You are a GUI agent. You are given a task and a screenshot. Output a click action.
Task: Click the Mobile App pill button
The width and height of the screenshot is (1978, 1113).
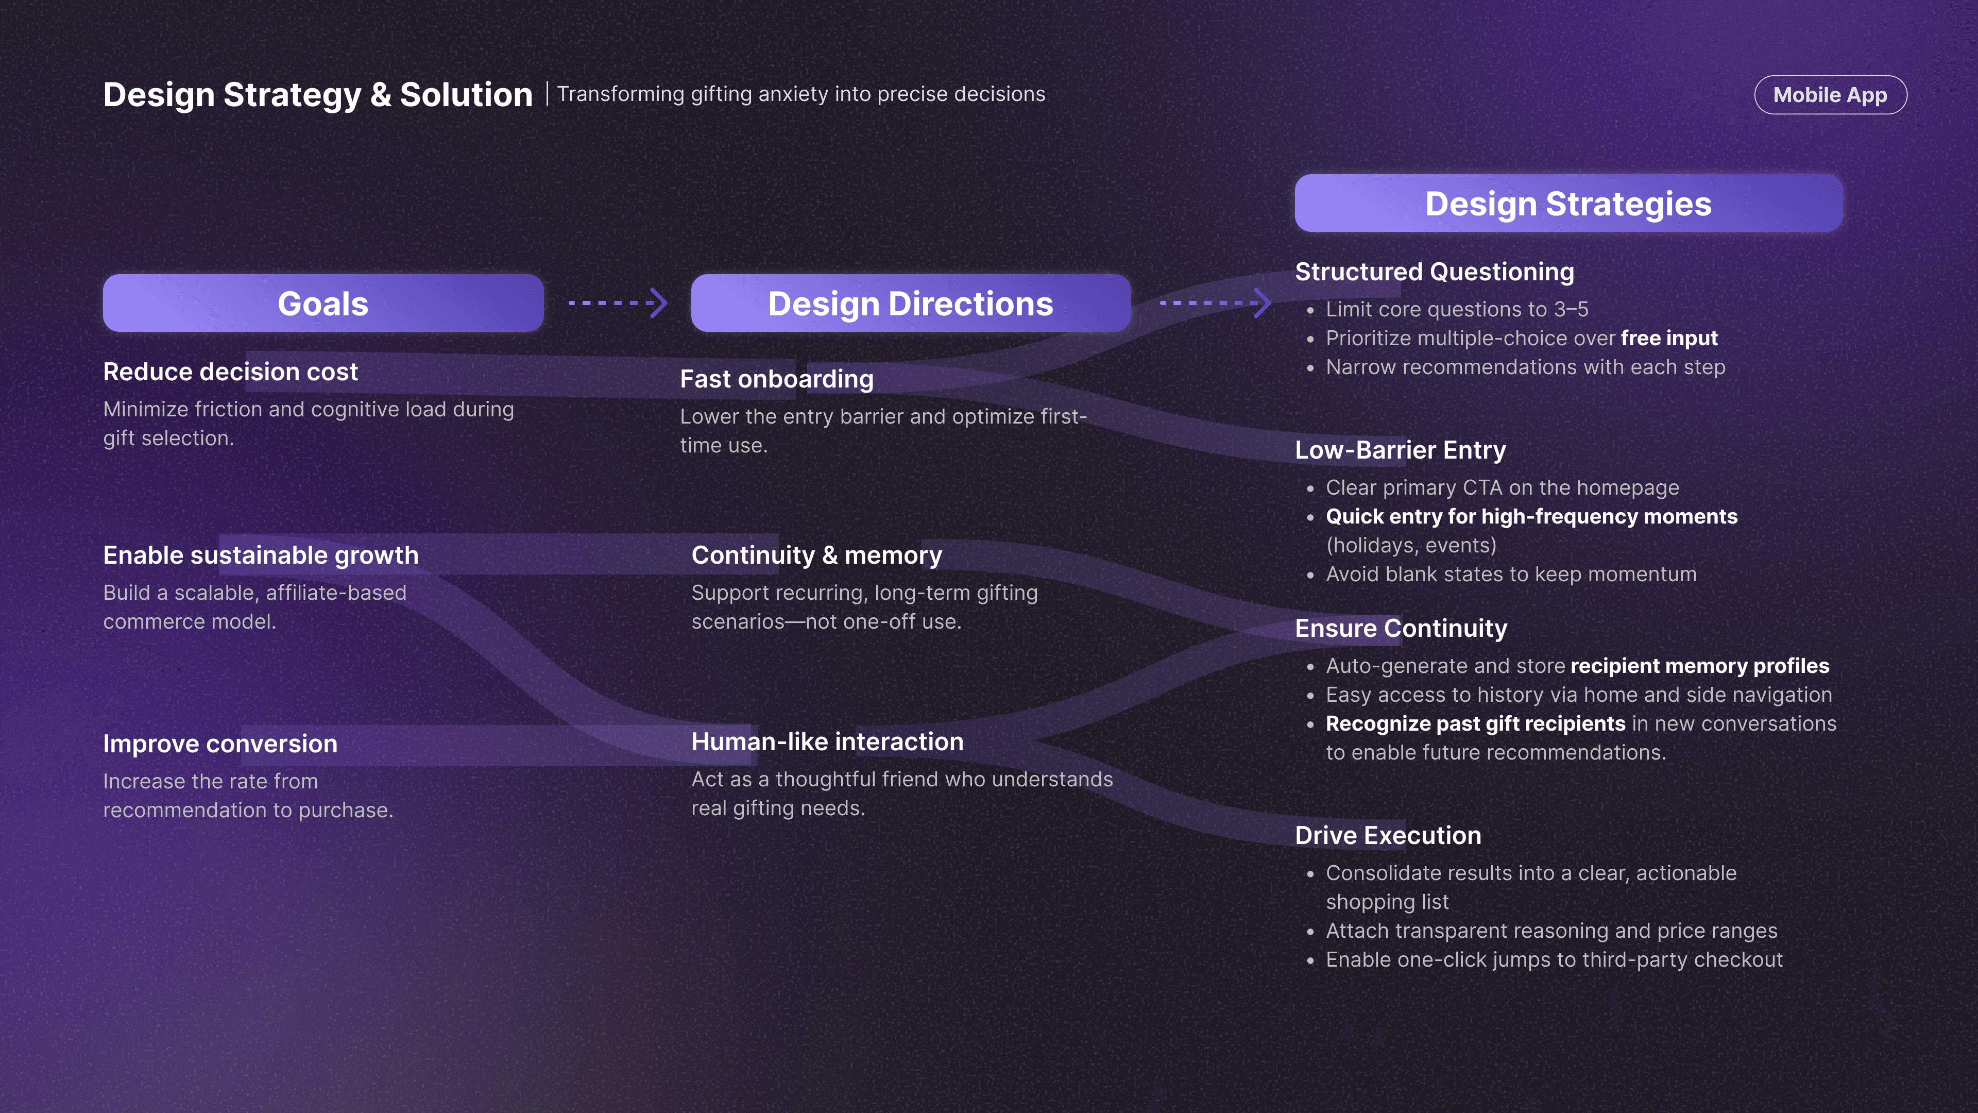tap(1830, 95)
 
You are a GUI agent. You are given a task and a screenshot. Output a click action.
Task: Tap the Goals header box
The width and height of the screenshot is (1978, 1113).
tap(323, 303)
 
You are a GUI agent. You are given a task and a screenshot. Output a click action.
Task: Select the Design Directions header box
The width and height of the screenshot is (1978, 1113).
tap(911, 303)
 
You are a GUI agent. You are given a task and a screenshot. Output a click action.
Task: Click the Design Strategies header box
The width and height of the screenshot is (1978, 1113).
tap(1568, 204)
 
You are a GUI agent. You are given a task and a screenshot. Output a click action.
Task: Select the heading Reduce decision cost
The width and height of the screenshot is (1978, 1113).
tap(230, 372)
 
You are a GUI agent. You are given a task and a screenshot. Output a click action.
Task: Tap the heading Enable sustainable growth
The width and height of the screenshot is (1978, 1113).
tap(261, 555)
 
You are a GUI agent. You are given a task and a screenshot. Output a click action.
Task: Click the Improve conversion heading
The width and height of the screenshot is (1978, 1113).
tap(220, 744)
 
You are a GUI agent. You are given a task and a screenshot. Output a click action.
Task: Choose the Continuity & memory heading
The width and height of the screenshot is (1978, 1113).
tap(817, 555)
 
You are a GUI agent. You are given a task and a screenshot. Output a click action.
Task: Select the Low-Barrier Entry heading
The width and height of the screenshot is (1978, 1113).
tap(1401, 450)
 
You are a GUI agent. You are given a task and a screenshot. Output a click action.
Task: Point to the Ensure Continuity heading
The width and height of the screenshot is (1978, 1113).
tap(1401, 628)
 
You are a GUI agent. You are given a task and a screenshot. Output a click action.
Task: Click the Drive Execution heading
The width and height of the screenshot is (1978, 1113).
tap(1388, 836)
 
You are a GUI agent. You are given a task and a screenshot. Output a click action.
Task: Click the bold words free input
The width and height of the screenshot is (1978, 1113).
tap(1669, 339)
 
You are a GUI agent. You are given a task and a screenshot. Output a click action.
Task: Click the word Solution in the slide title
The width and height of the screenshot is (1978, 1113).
tap(466, 95)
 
